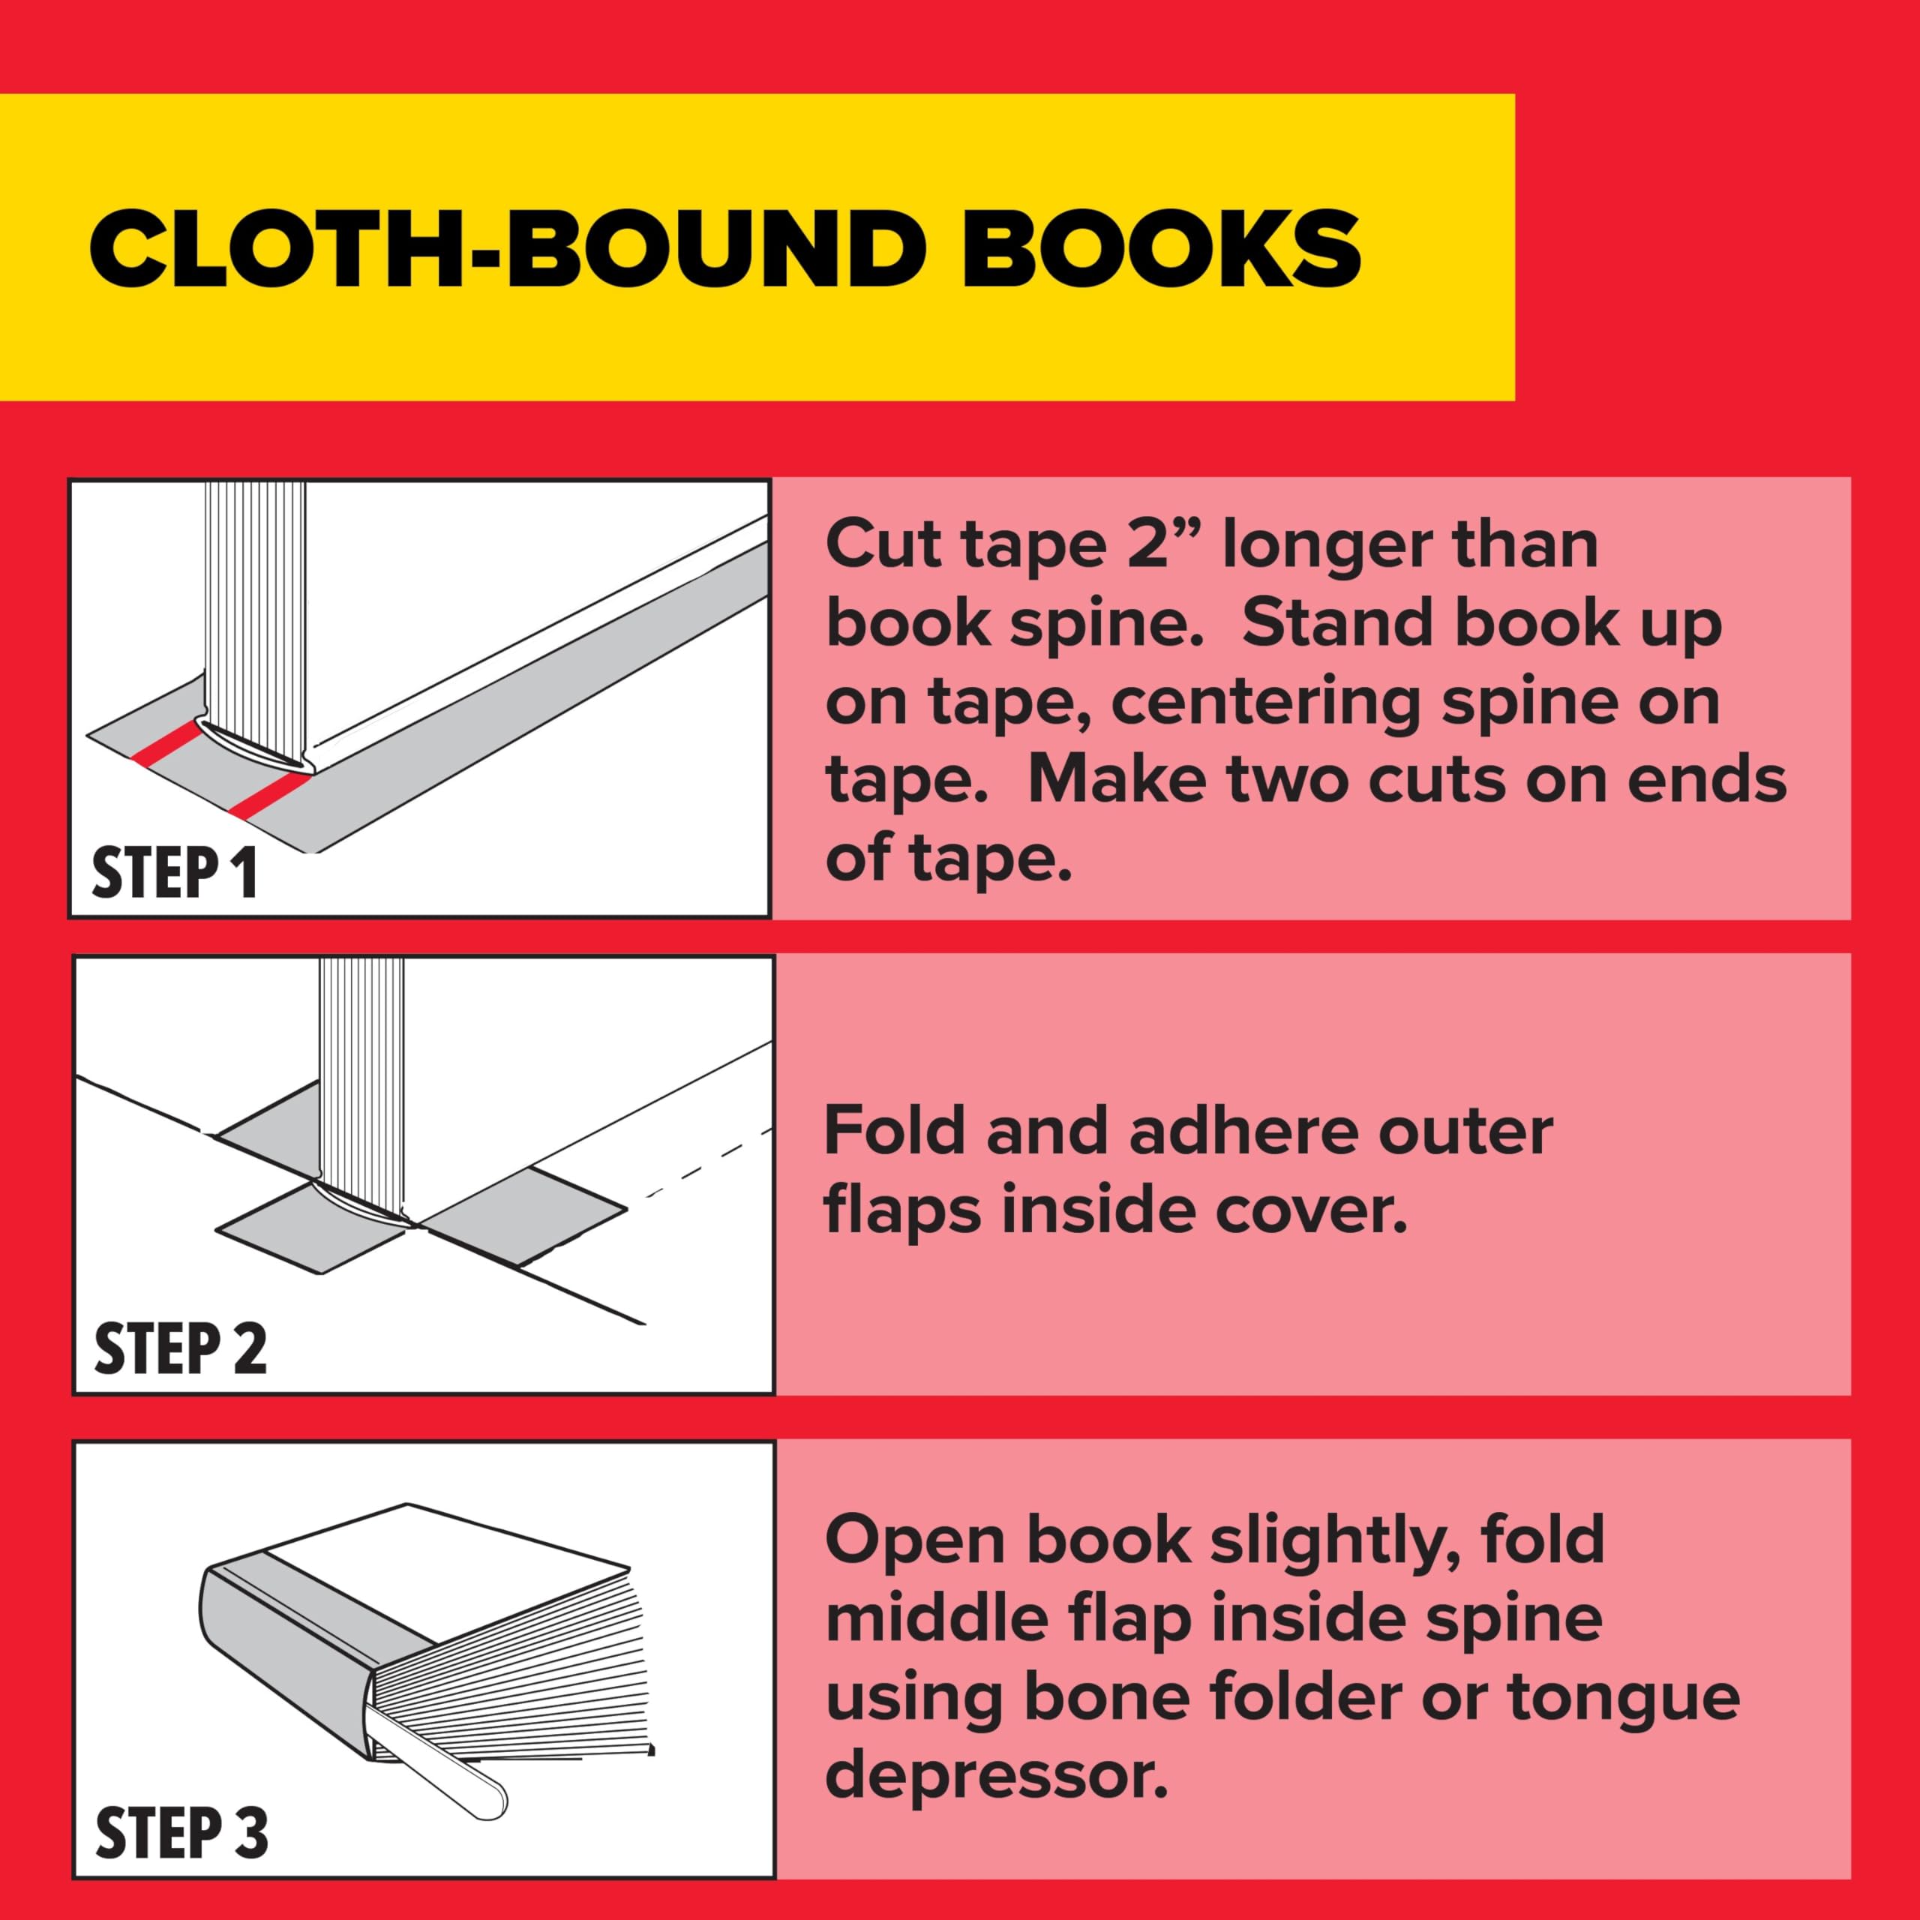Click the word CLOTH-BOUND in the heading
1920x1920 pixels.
(514, 248)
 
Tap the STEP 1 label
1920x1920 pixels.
(175, 874)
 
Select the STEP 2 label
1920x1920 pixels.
(180, 1348)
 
